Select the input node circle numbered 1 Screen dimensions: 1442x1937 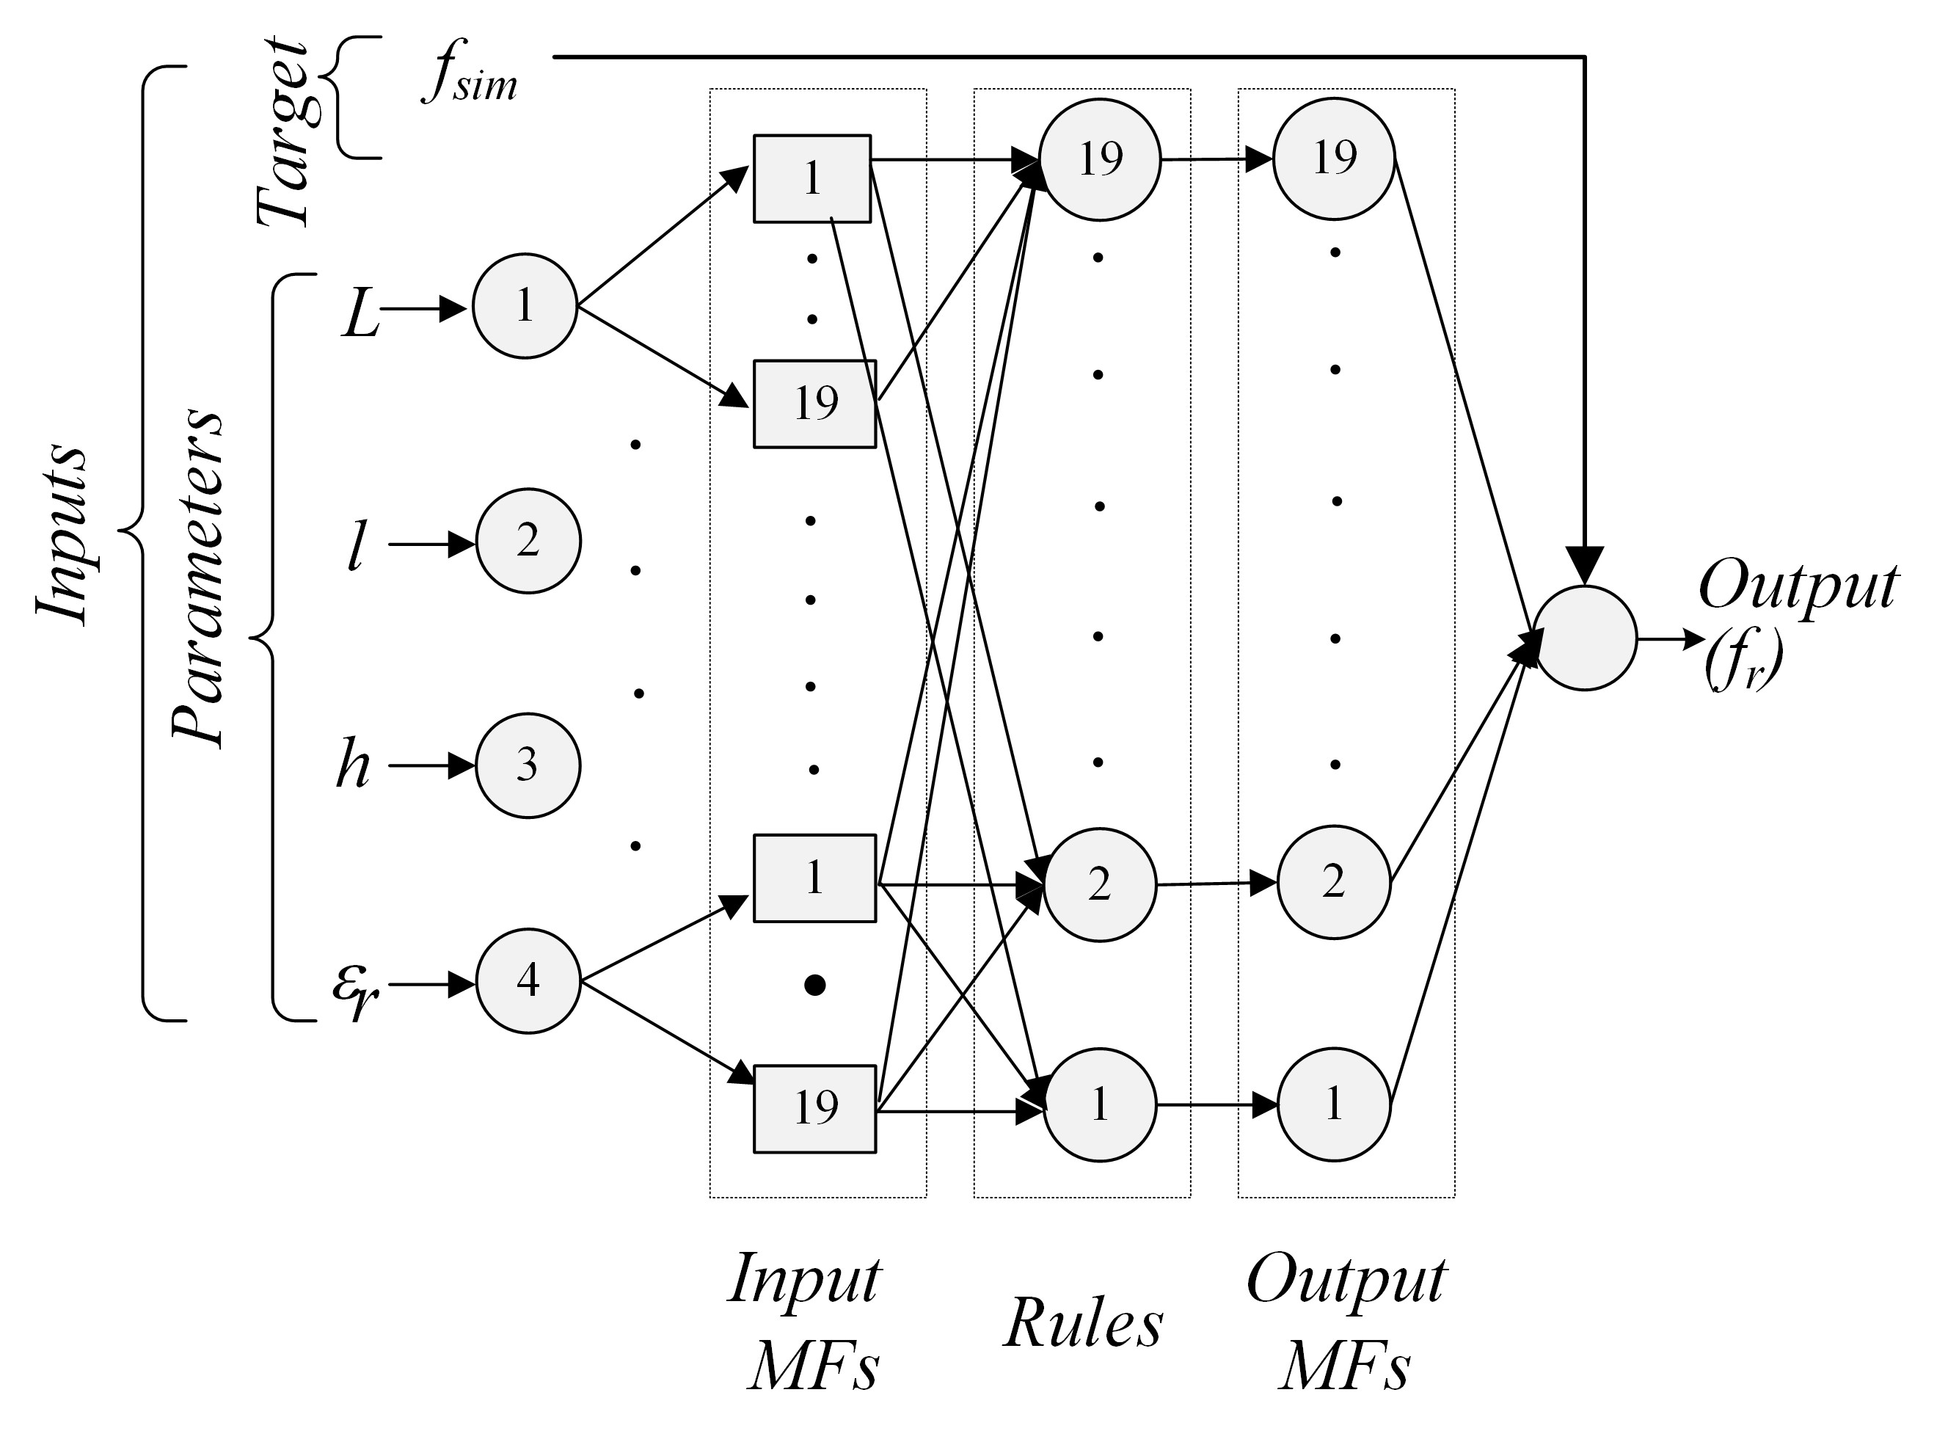click(x=525, y=305)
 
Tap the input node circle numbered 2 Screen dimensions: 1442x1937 click(x=528, y=540)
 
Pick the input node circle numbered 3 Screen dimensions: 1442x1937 click(x=527, y=765)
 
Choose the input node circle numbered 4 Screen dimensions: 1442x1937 click(x=528, y=981)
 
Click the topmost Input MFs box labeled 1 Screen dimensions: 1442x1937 click(x=811, y=178)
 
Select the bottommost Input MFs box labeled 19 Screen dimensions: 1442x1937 click(x=814, y=1109)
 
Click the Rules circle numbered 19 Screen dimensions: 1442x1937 click(x=1099, y=159)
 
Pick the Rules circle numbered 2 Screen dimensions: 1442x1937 click(x=1099, y=885)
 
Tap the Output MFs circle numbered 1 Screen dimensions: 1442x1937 click(x=1333, y=1105)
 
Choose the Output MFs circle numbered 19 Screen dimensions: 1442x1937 click(x=1334, y=159)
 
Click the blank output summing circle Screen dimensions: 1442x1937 click(x=1585, y=638)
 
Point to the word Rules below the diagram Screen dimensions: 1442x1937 click(x=1083, y=1323)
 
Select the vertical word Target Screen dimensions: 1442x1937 click(x=282, y=131)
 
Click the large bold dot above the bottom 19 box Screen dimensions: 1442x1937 click(x=815, y=986)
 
